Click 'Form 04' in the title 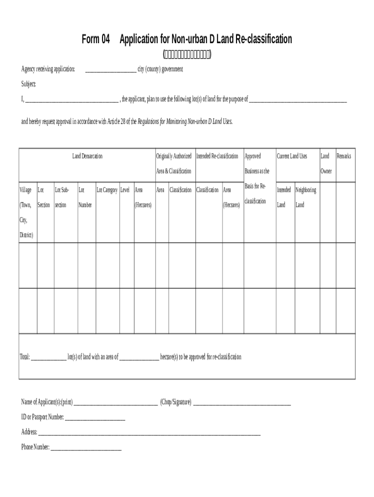click(x=96, y=39)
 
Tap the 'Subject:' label click(x=28, y=84)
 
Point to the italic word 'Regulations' click(x=152, y=121)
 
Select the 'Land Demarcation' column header click(x=87, y=156)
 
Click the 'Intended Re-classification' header click(x=217, y=156)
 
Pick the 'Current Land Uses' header click(x=292, y=156)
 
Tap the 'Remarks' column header click(x=343, y=156)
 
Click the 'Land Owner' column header click(x=325, y=164)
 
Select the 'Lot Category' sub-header click(x=107, y=190)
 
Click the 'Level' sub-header click(x=125, y=190)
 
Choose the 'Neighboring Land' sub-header click(x=306, y=197)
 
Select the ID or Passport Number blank click(x=95, y=418)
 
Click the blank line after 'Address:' click(x=149, y=433)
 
